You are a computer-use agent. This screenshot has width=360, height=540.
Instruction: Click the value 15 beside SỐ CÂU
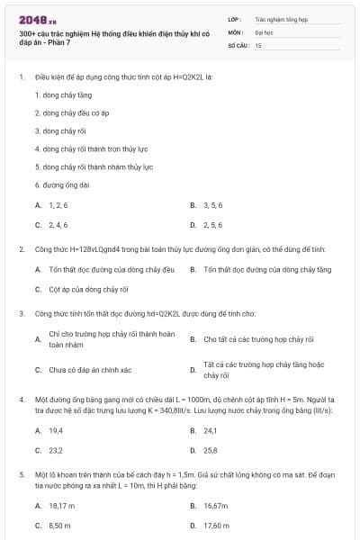(x=258, y=44)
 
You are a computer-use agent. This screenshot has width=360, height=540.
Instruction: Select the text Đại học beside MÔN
(x=263, y=31)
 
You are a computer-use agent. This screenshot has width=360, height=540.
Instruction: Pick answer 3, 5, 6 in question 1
(x=212, y=205)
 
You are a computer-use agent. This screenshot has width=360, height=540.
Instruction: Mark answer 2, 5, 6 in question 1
(x=212, y=225)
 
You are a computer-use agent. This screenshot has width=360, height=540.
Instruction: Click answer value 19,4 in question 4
(x=56, y=430)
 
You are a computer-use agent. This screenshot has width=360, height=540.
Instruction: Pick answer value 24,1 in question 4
(x=211, y=430)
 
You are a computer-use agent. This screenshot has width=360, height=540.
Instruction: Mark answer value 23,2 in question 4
(x=56, y=450)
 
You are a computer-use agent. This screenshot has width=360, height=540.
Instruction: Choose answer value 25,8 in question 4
(x=211, y=450)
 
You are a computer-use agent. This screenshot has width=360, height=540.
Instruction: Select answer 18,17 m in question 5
(x=61, y=506)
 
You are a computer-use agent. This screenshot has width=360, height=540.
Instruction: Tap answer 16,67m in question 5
(x=215, y=506)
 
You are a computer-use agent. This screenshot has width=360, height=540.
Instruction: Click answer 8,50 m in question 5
(x=59, y=526)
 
